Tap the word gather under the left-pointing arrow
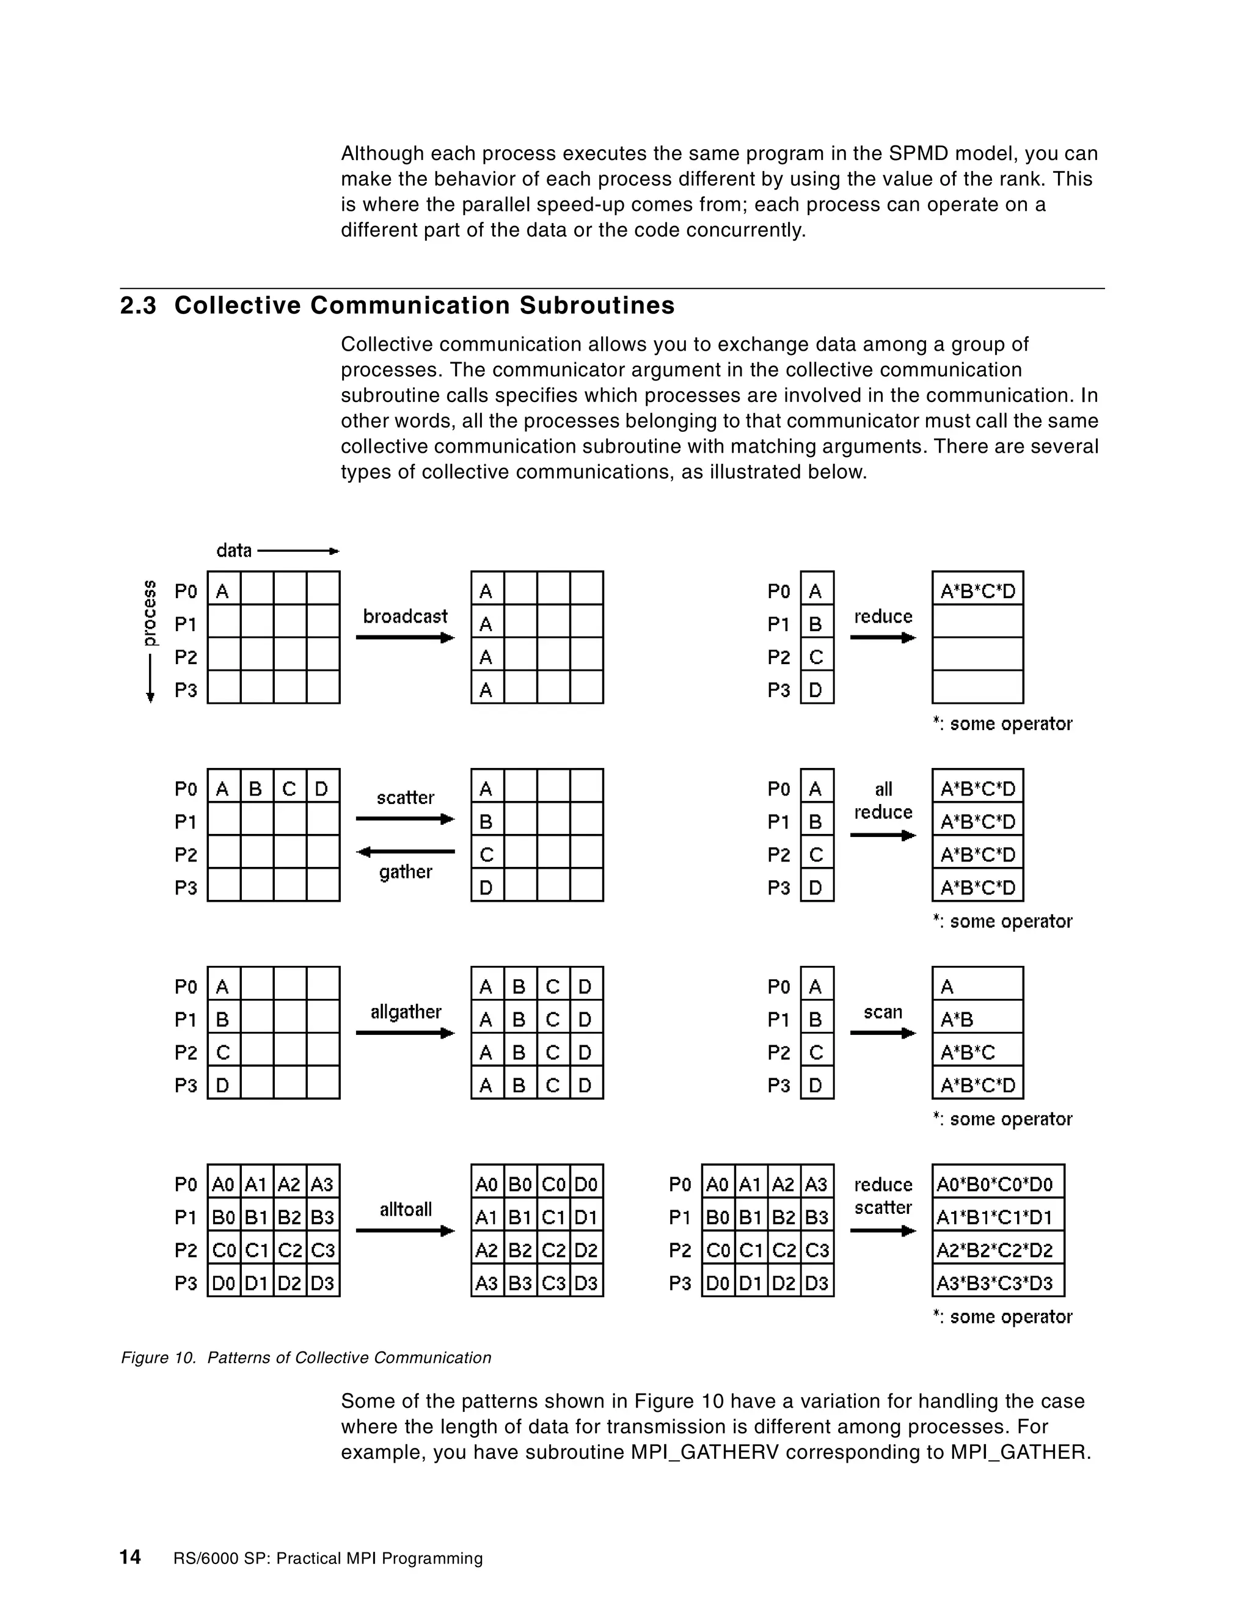pyautogui.click(x=406, y=872)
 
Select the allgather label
pyautogui.click(x=406, y=1012)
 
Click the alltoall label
pyautogui.click(x=406, y=1209)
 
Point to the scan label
pyautogui.click(x=883, y=1012)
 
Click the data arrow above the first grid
pyautogui.click(x=298, y=551)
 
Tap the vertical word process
pyautogui.click(x=150, y=612)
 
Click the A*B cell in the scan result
pyautogui.click(x=977, y=1019)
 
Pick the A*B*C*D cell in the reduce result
pyautogui.click(x=977, y=591)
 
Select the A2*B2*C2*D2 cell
pyautogui.click(x=998, y=1251)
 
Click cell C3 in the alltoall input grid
pyautogui.click(x=323, y=1251)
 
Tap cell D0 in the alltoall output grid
pyautogui.click(x=586, y=1185)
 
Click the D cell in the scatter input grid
pyautogui.click(x=322, y=789)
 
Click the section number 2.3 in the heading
pyautogui.click(x=139, y=305)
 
